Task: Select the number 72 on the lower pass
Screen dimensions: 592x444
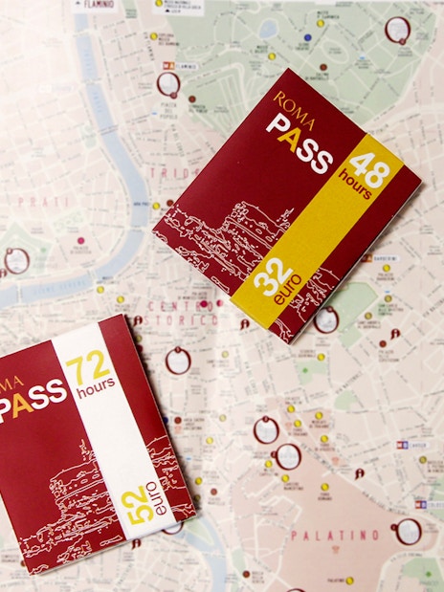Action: pyautogui.click(x=88, y=365)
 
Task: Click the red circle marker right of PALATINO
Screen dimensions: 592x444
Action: pyautogui.click(x=409, y=531)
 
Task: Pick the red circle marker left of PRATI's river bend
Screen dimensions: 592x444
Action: pyautogui.click(x=16, y=259)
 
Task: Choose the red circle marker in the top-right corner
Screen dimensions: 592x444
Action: pyautogui.click(x=397, y=30)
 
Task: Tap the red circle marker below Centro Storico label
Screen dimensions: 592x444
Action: pyautogui.click(x=177, y=362)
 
